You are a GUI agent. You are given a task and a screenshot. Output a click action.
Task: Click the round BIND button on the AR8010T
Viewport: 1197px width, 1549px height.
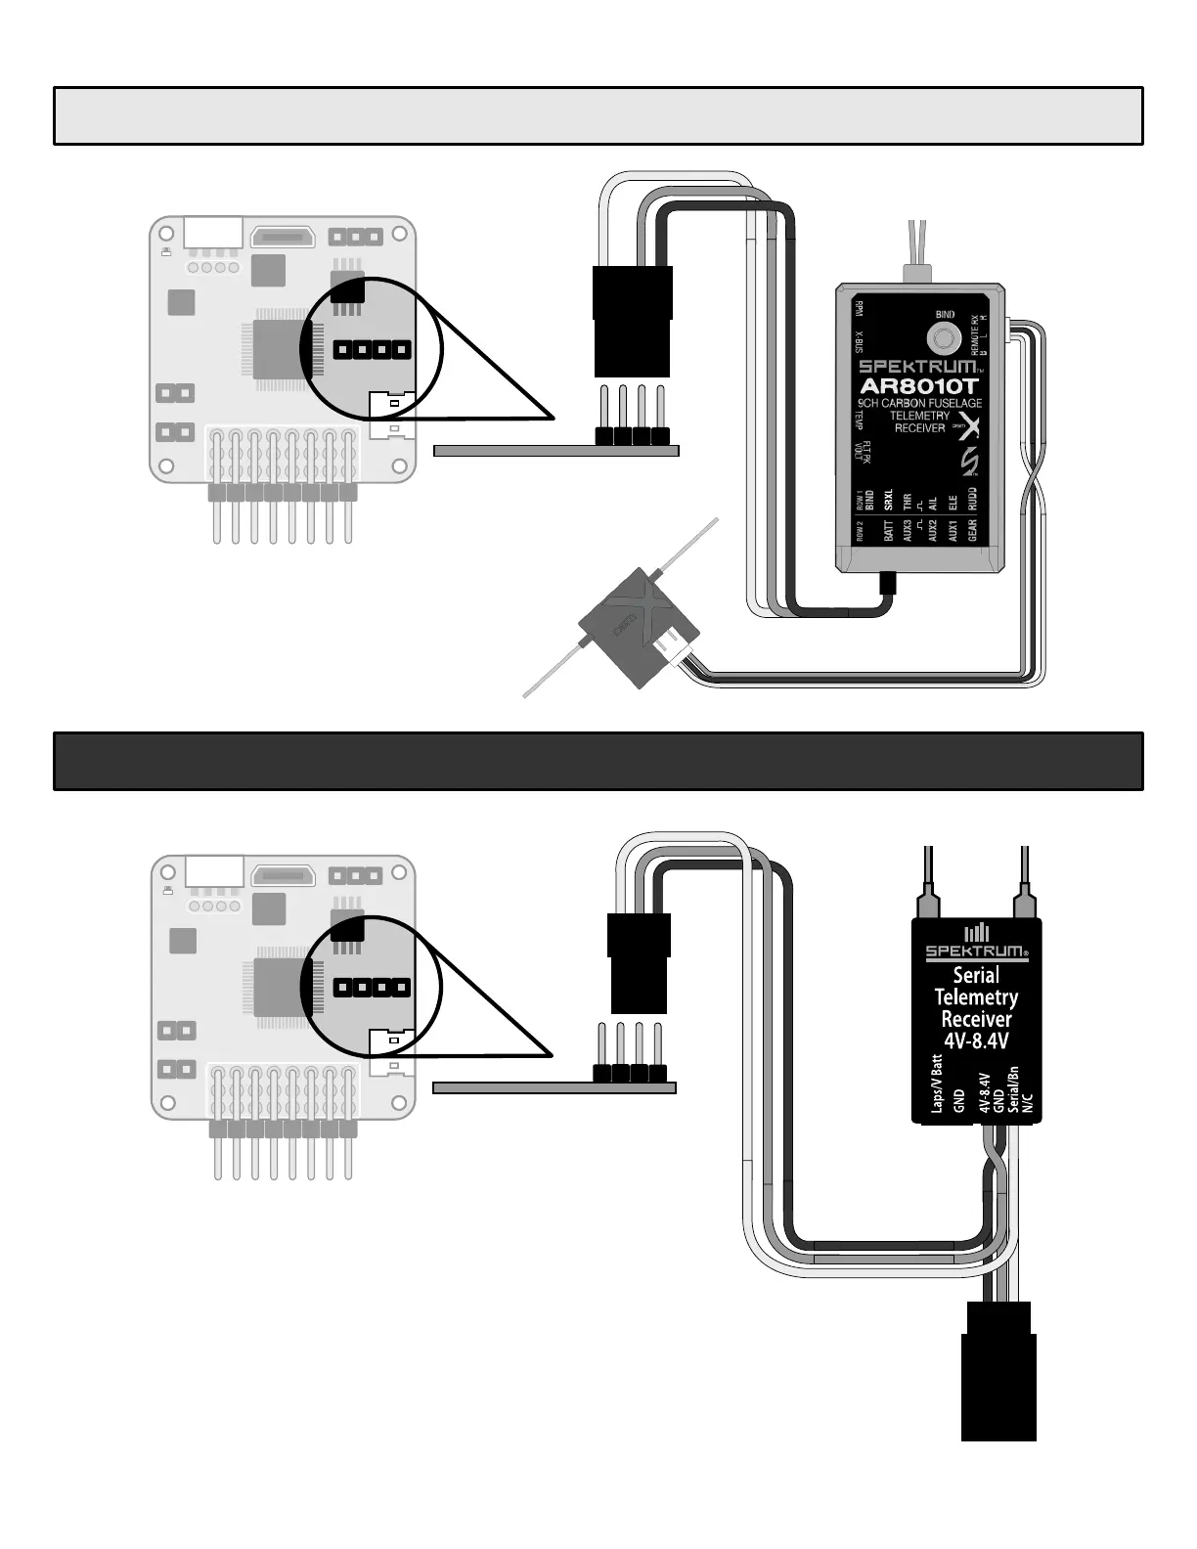click(x=944, y=339)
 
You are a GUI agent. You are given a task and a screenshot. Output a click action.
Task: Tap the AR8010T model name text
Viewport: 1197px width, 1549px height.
click(x=918, y=385)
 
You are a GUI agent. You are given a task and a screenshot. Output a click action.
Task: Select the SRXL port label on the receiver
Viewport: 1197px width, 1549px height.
click(x=888, y=501)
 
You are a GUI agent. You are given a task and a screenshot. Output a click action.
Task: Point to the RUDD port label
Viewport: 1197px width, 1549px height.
click(x=972, y=500)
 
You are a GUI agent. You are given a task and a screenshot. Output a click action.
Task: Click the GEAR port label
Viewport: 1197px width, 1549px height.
click(x=972, y=530)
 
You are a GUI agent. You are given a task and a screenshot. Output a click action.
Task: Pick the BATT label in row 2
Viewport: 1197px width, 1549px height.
click(x=888, y=531)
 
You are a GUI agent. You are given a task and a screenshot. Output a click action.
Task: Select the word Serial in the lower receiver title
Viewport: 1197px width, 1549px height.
click(x=976, y=975)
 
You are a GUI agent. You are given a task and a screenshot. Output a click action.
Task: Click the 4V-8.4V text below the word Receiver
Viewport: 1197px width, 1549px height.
click(x=976, y=1040)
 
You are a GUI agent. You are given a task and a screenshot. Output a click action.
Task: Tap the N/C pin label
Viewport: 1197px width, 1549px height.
click(x=1027, y=1104)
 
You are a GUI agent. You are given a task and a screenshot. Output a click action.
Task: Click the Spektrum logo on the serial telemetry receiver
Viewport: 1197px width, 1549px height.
click(x=976, y=950)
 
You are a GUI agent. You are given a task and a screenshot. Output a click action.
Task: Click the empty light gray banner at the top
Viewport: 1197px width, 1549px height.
click(x=598, y=115)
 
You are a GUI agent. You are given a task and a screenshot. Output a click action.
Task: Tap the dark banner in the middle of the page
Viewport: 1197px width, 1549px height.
click(x=598, y=761)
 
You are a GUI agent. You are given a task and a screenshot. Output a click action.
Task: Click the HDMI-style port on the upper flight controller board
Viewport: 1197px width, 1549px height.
click(x=283, y=237)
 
